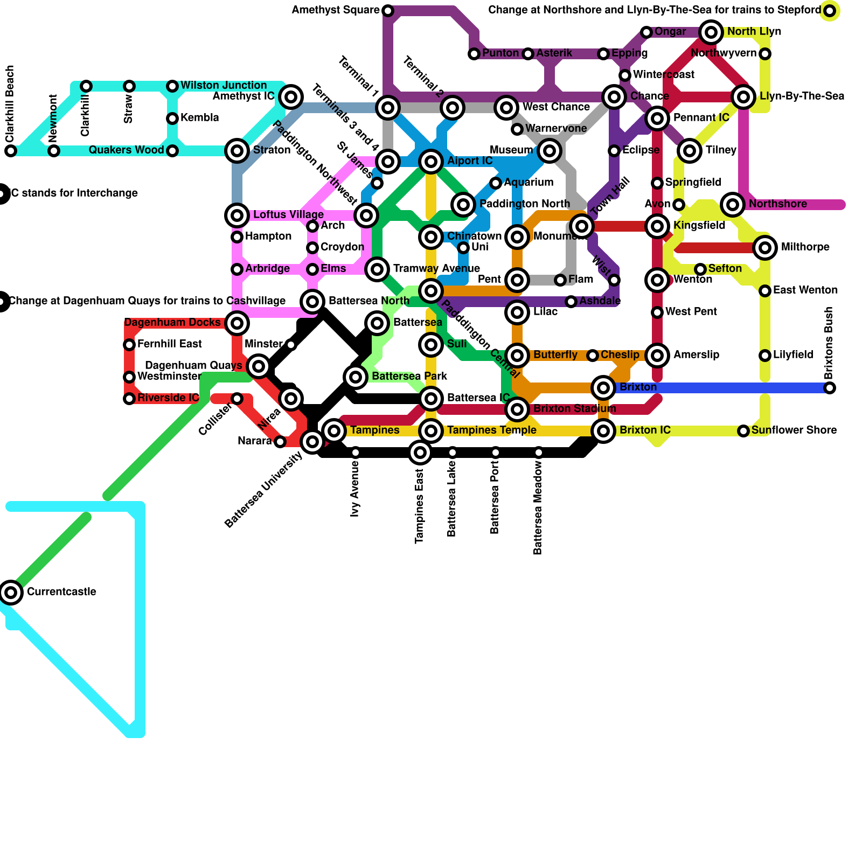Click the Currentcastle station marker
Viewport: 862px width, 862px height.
coord(11,593)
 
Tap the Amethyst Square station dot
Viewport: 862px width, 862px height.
coord(388,11)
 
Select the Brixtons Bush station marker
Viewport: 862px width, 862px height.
coord(830,388)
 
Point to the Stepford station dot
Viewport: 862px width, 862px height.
coord(830,11)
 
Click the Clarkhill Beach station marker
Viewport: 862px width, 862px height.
coord(11,151)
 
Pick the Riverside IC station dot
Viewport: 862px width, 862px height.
coord(129,399)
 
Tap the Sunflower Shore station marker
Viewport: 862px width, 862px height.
coord(743,431)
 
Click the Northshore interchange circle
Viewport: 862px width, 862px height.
coord(733,205)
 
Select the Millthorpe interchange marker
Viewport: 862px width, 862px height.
coord(765,248)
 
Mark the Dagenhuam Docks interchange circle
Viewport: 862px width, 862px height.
coord(237,323)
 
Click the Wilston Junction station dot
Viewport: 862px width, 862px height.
coord(172,86)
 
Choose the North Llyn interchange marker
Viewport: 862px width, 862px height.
coord(711,32)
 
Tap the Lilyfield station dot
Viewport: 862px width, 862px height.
coord(765,356)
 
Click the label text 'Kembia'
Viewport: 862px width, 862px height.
coord(199,118)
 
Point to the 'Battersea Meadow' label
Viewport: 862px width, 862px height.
coord(538,509)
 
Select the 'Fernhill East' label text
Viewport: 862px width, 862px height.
coord(170,344)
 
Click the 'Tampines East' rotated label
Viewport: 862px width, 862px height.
coord(420,506)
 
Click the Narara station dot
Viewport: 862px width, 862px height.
coord(280,442)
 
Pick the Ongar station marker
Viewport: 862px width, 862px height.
coord(646,32)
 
